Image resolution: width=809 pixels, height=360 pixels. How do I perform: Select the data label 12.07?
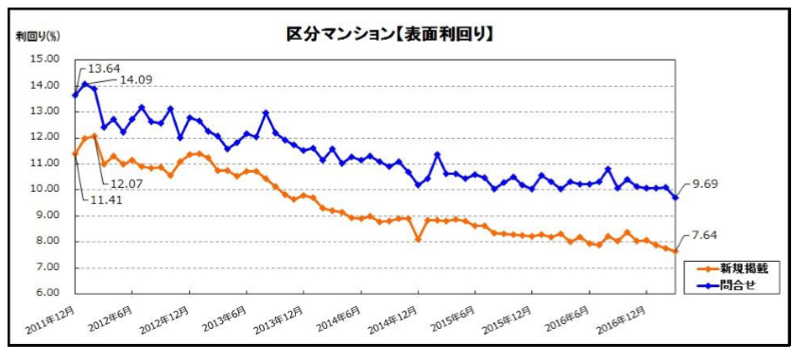[127, 181]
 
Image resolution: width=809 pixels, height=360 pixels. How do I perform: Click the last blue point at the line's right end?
[675, 197]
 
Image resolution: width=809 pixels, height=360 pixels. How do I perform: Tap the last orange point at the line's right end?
[675, 250]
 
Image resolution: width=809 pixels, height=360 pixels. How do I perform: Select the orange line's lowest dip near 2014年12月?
[418, 239]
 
